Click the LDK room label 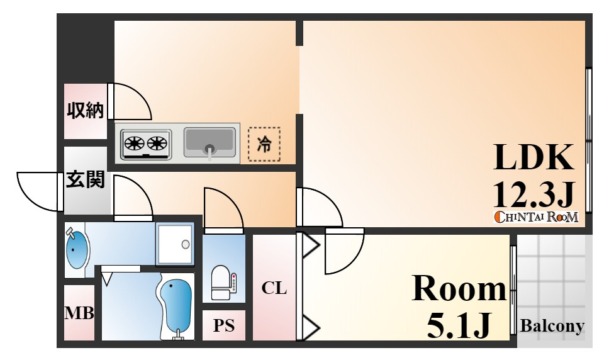tap(534, 157)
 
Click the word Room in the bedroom tap(459, 290)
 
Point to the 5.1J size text tap(459, 324)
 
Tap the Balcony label tap(552, 326)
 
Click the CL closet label tap(274, 288)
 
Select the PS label tap(223, 326)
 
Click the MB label tap(79, 313)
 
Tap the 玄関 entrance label tap(86, 181)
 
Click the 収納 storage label tap(85, 111)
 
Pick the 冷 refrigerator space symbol tap(264, 145)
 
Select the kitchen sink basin tap(210, 142)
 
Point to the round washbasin tap(77, 250)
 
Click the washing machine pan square tap(174, 244)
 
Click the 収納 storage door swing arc tap(131, 102)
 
